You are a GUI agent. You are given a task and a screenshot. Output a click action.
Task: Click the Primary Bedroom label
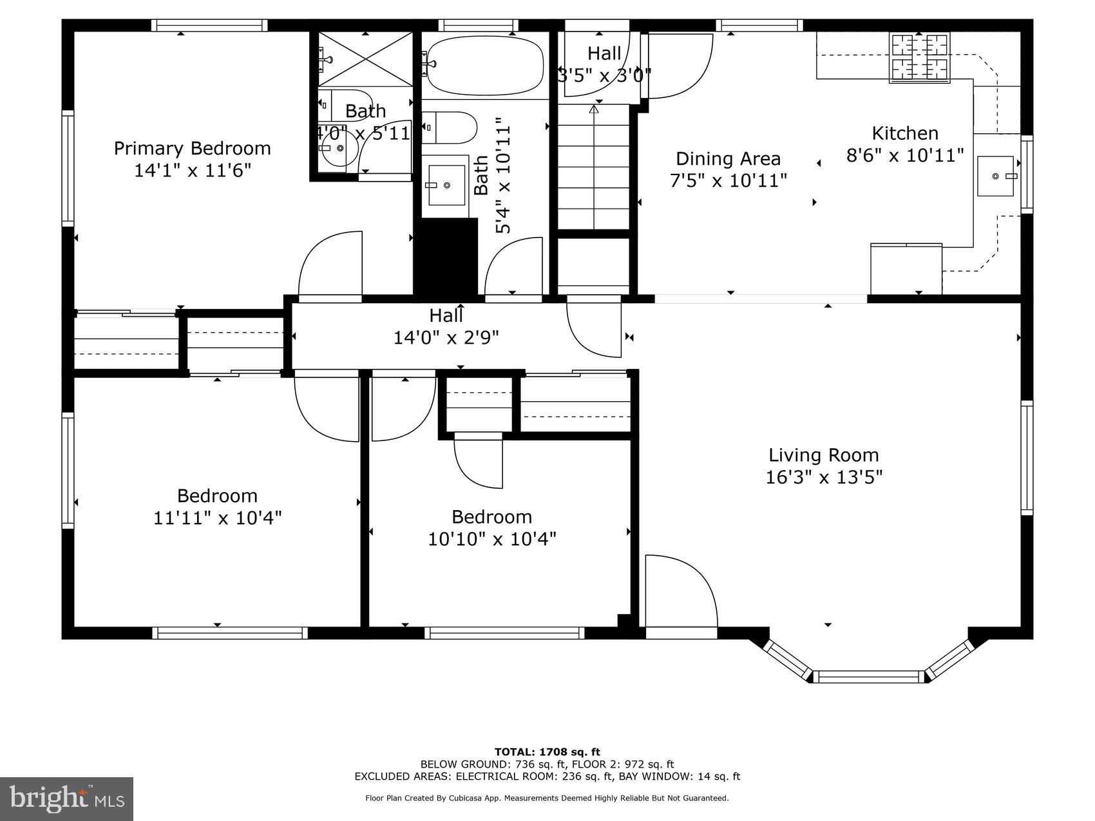pyautogui.click(x=192, y=148)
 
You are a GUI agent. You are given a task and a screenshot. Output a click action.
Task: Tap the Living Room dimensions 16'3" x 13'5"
pyautogui.click(x=823, y=477)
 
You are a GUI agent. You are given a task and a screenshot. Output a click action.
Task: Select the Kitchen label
pyautogui.click(x=905, y=133)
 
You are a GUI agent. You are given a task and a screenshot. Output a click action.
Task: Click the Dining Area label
pyautogui.click(x=728, y=158)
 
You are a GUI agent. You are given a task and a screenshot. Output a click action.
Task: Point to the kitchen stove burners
pyautogui.click(x=919, y=57)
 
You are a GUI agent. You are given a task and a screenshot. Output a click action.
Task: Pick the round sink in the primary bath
pyautogui.click(x=338, y=148)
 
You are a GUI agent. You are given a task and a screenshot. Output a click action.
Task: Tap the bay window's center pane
pyautogui.click(x=868, y=677)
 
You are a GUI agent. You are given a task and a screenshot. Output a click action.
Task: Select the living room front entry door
pyautogui.click(x=681, y=590)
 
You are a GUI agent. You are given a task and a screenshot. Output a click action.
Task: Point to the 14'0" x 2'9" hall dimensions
pyautogui.click(x=446, y=337)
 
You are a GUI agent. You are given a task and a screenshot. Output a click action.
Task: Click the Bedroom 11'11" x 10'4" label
pyautogui.click(x=217, y=507)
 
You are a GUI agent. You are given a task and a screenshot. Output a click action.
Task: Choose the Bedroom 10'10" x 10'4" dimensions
pyautogui.click(x=492, y=538)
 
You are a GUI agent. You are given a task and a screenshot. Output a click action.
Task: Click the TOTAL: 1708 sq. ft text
pyautogui.click(x=547, y=751)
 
